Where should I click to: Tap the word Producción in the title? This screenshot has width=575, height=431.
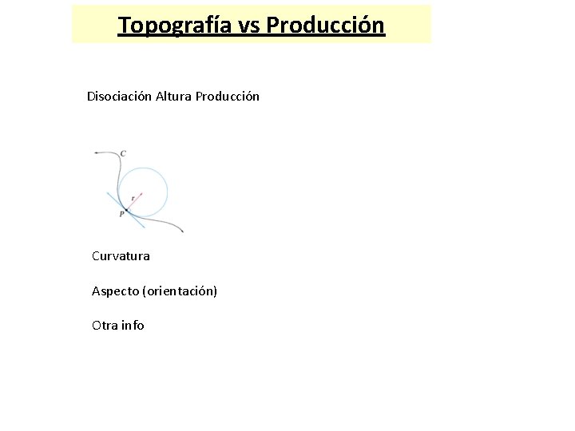[x=325, y=26]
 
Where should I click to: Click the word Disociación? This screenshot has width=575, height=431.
[x=119, y=97]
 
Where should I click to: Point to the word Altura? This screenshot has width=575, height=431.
[x=173, y=97]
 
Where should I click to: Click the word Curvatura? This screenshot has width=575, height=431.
[x=121, y=256]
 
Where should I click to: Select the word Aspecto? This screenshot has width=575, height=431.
[x=115, y=291]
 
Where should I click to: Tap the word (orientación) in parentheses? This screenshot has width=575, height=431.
[x=179, y=291]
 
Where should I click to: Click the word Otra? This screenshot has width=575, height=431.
[x=105, y=326]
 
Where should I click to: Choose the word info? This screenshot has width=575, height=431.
[x=133, y=326]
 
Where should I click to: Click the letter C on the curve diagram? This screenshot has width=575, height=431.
[x=123, y=153]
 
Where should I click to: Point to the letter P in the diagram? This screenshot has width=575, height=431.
[x=121, y=214]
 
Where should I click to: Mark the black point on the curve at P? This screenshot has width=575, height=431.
[x=126, y=209]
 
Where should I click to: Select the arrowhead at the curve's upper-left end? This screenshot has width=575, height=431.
[x=96, y=152]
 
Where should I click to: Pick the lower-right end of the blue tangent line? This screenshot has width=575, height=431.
[x=145, y=228]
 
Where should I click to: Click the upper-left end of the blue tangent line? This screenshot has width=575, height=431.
[x=108, y=192]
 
